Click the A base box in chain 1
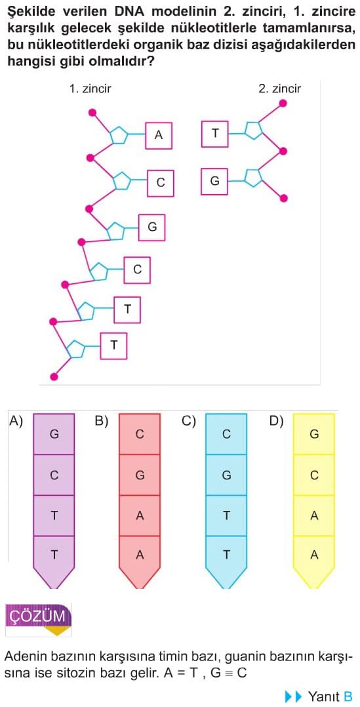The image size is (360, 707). pos(159,135)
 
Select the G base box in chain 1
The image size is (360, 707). pos(152,227)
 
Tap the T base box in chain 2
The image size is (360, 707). pos(215,134)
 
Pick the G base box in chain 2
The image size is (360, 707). pos(215,181)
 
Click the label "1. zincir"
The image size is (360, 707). pos(90,89)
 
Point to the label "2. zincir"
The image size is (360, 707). pos(280,89)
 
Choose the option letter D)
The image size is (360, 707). pos(276,421)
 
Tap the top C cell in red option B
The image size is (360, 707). pos(140,434)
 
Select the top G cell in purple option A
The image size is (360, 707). pos(54,434)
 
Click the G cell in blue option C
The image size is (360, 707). pos(226,475)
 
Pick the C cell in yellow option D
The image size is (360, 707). pos(314,475)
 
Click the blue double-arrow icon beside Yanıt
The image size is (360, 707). pos(293,697)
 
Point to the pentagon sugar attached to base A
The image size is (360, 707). pos(119,135)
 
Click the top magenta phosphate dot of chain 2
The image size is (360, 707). pos(283,104)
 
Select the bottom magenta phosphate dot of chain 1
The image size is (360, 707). pos(54,377)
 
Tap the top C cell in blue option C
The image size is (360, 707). pos(226,434)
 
